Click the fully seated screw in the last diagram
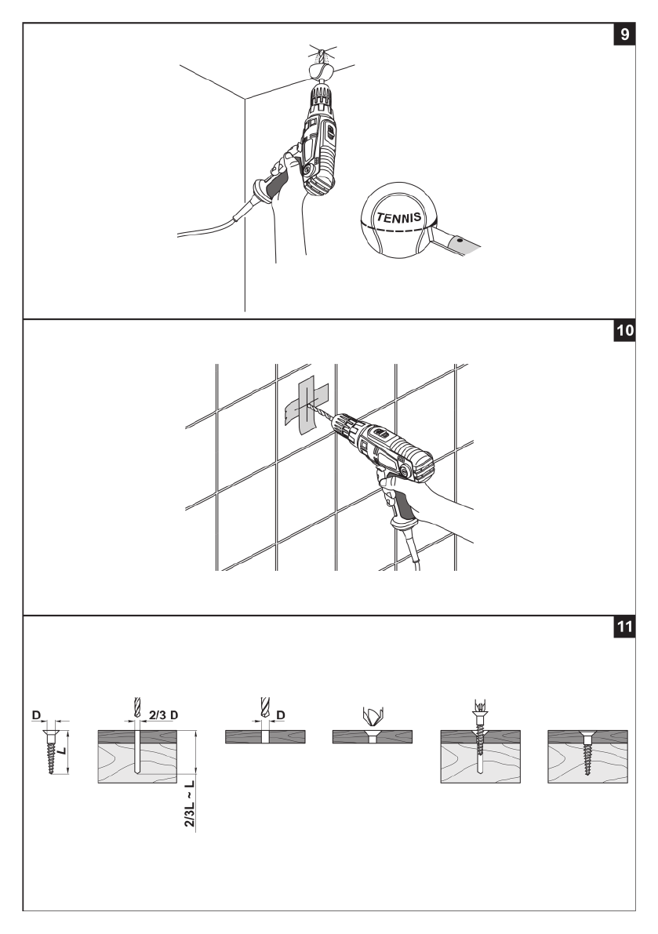(585, 753)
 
